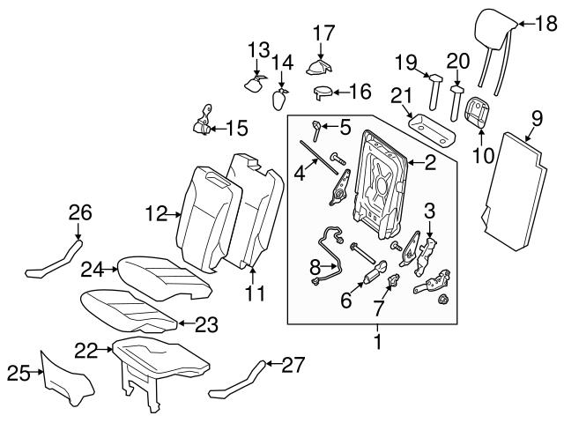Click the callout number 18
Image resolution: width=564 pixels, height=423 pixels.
click(x=546, y=24)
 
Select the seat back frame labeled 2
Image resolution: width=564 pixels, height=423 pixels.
click(x=382, y=184)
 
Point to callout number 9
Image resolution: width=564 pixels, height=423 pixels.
click(x=537, y=119)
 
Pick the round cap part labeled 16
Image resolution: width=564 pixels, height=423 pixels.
click(x=323, y=92)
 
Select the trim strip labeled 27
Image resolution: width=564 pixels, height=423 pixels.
click(x=237, y=381)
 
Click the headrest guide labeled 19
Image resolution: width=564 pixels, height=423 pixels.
click(x=434, y=92)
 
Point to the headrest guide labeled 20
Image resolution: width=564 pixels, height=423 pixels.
click(x=456, y=102)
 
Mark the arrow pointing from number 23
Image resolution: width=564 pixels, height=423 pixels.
click(x=186, y=323)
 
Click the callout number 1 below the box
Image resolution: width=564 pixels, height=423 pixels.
click(x=377, y=342)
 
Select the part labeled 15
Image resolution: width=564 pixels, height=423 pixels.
click(x=204, y=122)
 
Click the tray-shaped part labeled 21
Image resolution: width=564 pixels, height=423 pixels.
click(x=433, y=131)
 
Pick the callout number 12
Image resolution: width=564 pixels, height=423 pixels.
click(x=157, y=213)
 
